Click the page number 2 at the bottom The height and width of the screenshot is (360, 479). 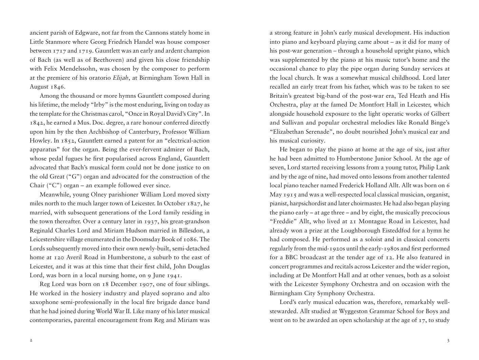coord(31,340)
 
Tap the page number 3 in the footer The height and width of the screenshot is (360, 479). coord(448,340)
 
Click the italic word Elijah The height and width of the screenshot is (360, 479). coord(121,78)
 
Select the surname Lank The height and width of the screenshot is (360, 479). coord(443,168)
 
